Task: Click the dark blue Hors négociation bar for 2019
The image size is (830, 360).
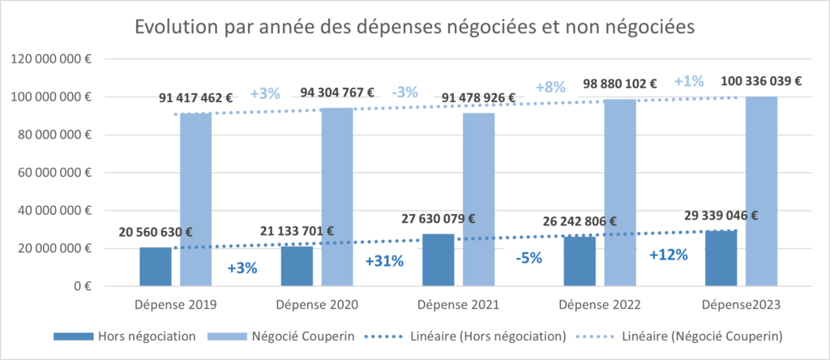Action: click(156, 267)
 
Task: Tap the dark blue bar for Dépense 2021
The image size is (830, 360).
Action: click(439, 259)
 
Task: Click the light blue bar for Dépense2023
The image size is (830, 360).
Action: click(762, 191)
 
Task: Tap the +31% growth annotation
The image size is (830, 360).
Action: click(385, 262)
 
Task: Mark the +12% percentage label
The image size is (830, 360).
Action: click(669, 255)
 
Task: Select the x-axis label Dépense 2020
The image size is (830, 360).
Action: click(316, 305)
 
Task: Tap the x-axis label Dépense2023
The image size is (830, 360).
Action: click(740, 305)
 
